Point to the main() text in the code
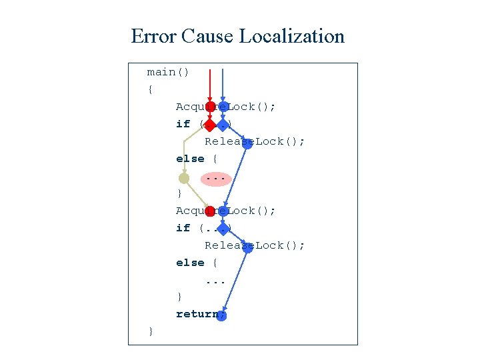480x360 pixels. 168,72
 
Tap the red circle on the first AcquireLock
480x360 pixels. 210,107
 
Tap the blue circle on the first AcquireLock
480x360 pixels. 223,107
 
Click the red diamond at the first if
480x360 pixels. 210,124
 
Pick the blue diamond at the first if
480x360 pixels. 223,124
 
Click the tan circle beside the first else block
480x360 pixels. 184,178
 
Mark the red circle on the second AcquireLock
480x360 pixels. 210,211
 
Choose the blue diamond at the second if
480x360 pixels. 227,229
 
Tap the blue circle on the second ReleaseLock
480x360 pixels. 247,246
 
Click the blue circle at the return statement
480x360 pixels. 222,315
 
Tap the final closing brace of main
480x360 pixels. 151,331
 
